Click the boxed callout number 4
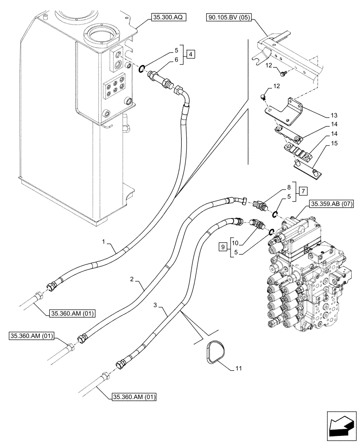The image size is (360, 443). (x=190, y=54)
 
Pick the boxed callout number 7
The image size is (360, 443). (x=303, y=191)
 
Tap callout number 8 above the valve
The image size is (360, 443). (x=289, y=187)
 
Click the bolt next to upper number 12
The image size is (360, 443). (x=283, y=71)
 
